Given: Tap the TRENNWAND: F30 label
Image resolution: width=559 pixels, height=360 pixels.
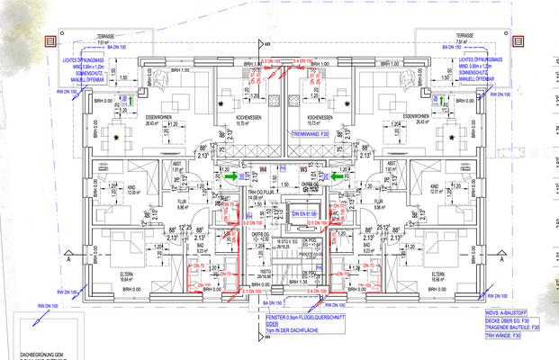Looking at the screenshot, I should point(311,133).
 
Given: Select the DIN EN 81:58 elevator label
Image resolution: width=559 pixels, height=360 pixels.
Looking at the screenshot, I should point(305,212).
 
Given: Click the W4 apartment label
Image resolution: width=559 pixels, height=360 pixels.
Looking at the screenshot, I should point(263,168).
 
